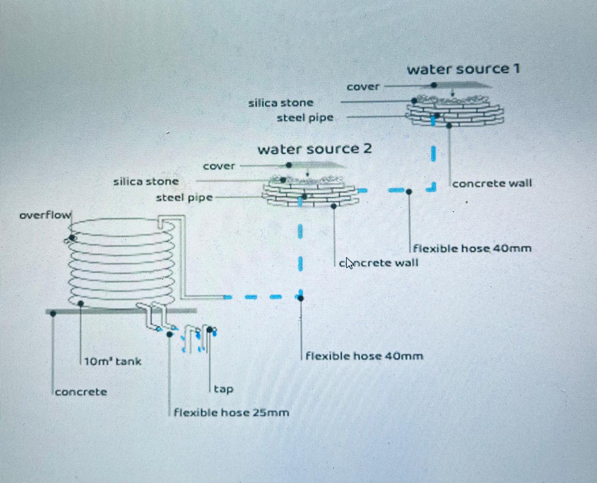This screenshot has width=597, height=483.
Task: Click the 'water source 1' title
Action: click(x=463, y=69)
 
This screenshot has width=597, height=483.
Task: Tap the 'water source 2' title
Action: click(x=314, y=149)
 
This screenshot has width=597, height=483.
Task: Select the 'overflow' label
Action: click(x=45, y=216)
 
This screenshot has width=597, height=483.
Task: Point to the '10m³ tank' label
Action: click(x=113, y=362)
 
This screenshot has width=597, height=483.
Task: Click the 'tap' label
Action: click(x=224, y=389)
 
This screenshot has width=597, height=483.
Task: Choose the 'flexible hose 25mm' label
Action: click(x=231, y=413)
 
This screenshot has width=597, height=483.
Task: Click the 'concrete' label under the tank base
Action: click(x=81, y=392)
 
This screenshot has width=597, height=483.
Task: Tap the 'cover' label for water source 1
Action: click(x=363, y=87)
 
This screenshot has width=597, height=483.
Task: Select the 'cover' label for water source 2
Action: click(x=219, y=166)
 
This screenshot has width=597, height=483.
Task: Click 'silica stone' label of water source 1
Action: click(x=281, y=103)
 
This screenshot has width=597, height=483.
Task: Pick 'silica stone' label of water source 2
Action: click(x=146, y=182)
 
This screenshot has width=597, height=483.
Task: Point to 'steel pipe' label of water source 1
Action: click(x=305, y=118)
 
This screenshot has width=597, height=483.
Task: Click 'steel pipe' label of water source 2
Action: click(x=184, y=198)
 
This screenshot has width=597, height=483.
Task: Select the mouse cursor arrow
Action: click(x=349, y=263)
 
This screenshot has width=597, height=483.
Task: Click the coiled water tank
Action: click(x=121, y=261)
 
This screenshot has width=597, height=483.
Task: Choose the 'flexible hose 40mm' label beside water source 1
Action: click(x=472, y=249)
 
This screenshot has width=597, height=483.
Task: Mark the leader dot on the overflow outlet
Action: click(x=72, y=238)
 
